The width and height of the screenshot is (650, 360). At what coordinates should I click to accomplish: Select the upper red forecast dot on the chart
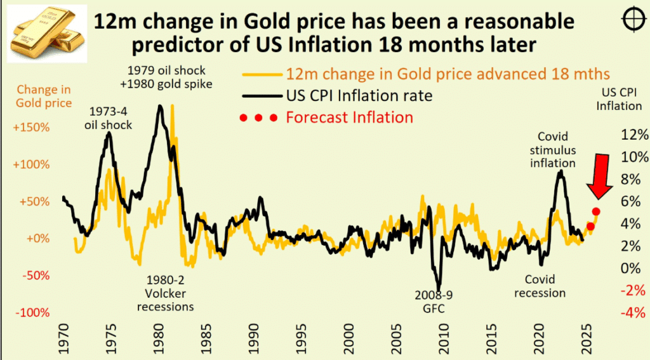point(596,212)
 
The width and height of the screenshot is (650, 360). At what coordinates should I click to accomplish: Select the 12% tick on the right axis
point(634,135)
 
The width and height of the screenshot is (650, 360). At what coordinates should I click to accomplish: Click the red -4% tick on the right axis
point(634,312)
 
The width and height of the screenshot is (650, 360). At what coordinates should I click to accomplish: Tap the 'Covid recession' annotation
point(540,286)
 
